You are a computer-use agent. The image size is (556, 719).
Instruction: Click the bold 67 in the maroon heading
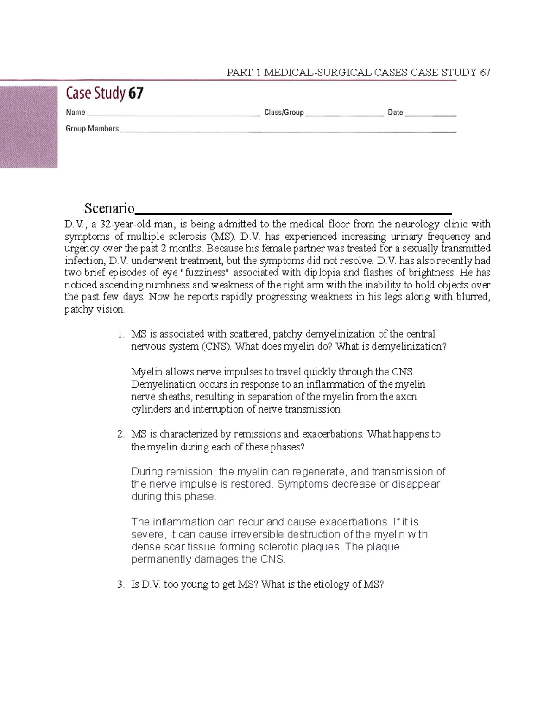coord(136,94)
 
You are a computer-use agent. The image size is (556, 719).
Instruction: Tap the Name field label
coord(76,113)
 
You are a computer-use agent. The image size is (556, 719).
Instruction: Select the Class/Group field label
coord(284,113)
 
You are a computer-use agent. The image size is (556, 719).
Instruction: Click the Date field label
coord(395,113)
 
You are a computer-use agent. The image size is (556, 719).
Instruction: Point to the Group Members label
coord(92,129)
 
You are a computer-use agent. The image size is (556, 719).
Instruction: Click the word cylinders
coord(151,409)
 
